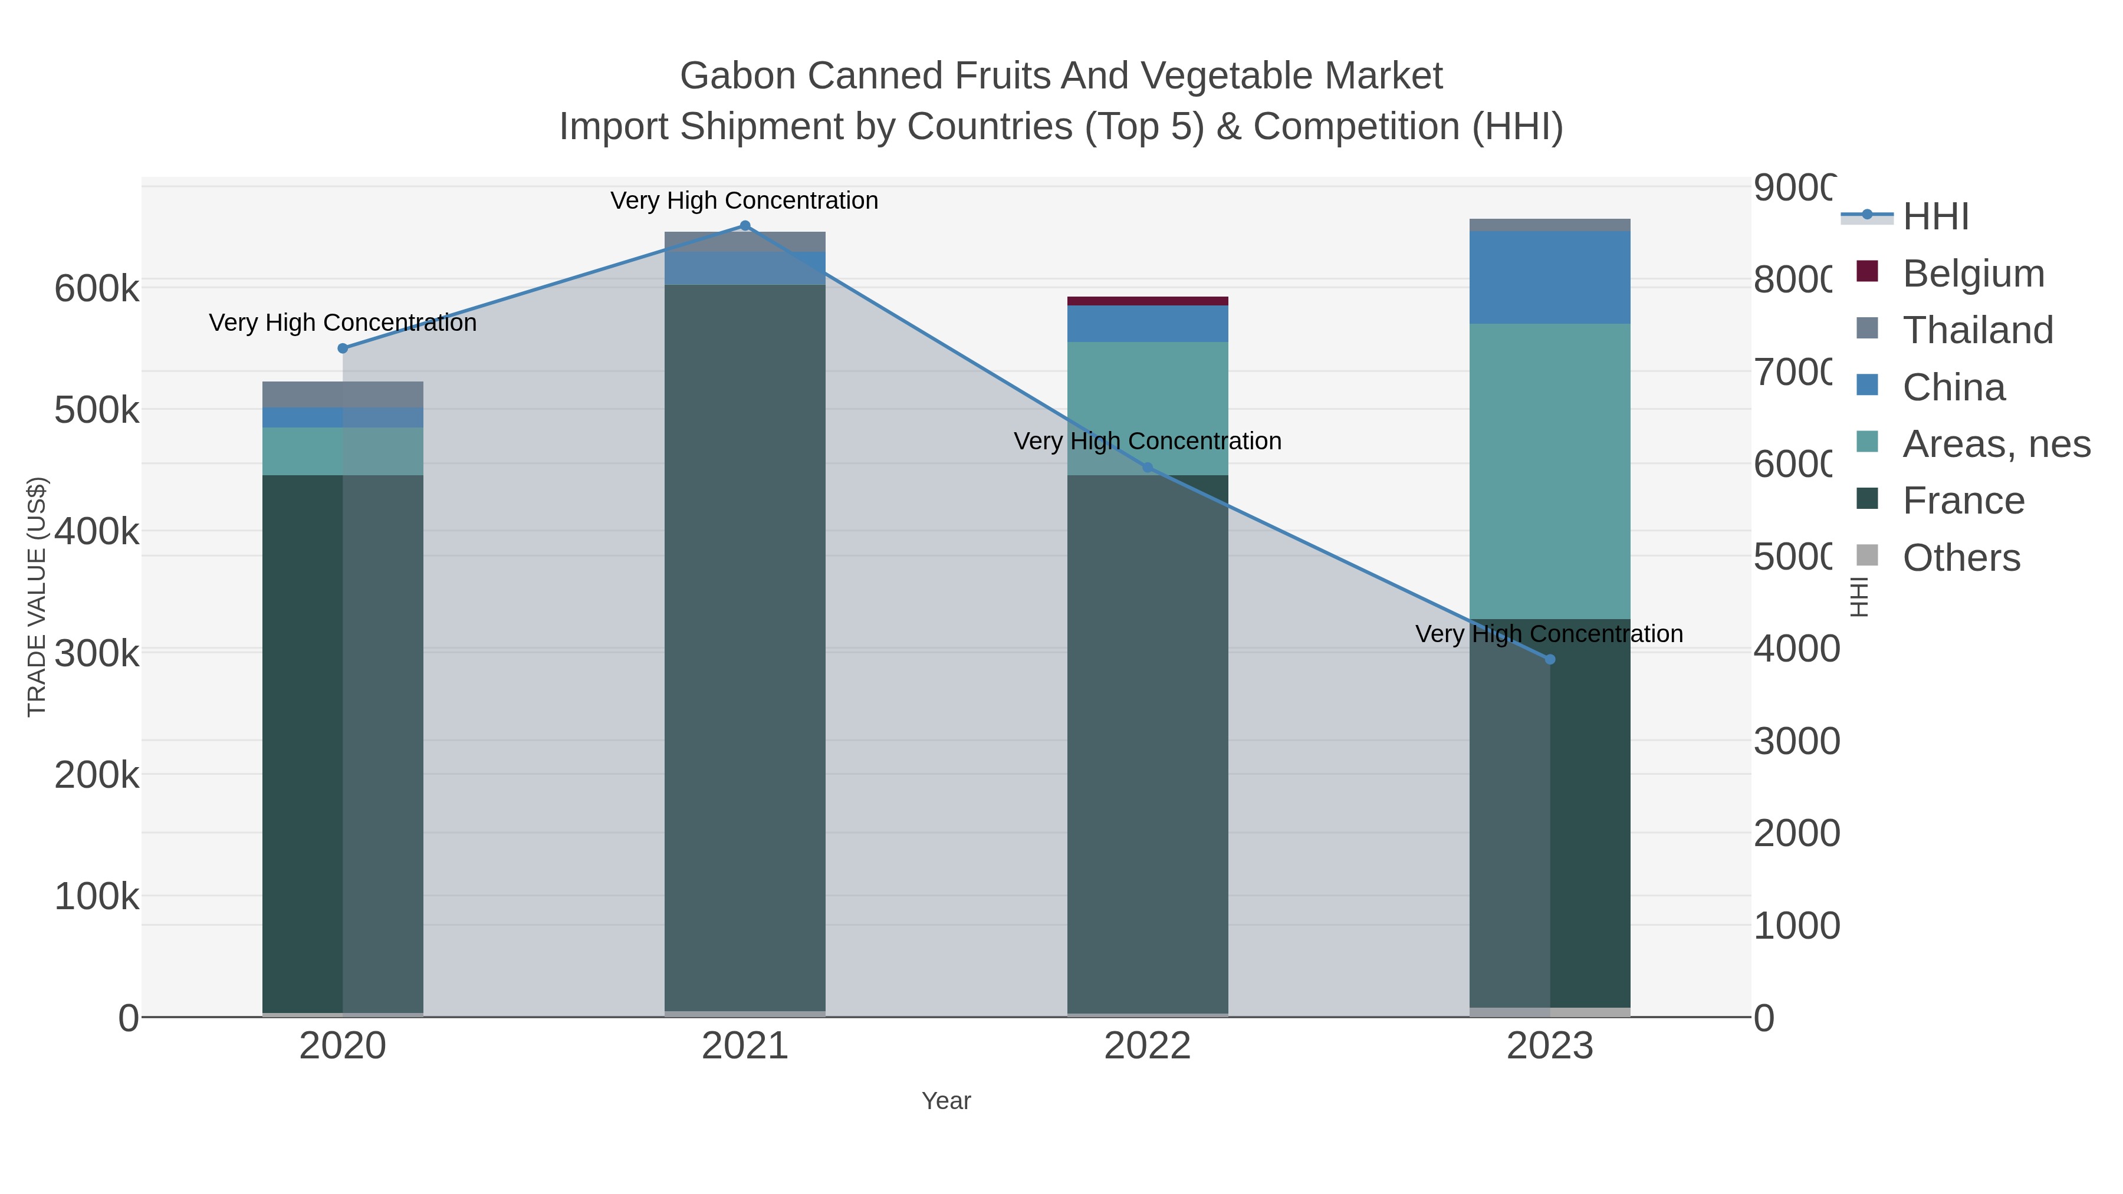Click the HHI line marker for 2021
[744, 226]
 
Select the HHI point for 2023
[1549, 659]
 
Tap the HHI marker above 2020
[343, 348]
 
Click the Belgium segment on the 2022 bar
[1147, 301]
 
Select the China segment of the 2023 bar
[1549, 277]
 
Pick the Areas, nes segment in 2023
[1549, 471]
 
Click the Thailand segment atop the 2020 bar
[343, 394]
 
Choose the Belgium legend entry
[1973, 274]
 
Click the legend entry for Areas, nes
[1995, 444]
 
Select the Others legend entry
[1961, 558]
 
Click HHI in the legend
[1935, 217]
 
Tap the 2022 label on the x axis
[1147, 1047]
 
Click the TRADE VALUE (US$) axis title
[37, 597]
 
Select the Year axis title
[946, 1101]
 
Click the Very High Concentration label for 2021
[744, 200]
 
